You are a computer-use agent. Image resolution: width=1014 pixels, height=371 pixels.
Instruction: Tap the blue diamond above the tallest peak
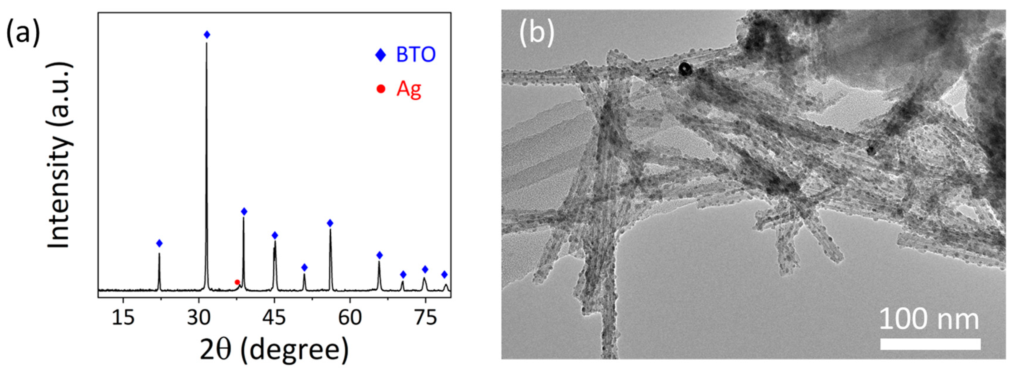pos(207,35)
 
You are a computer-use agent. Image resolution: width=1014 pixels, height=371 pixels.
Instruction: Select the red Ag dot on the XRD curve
pos(237,282)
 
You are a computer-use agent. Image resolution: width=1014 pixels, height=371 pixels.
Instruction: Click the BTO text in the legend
pos(416,55)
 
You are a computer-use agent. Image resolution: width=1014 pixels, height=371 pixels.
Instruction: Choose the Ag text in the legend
pos(408,89)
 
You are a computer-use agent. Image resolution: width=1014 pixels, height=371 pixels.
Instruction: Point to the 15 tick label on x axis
pos(123,317)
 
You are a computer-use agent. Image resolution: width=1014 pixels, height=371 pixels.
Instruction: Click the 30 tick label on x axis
pos(199,317)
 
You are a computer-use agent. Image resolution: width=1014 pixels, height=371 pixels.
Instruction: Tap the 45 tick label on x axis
pos(274,317)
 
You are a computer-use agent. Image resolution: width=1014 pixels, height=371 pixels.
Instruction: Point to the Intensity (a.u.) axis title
pos(60,155)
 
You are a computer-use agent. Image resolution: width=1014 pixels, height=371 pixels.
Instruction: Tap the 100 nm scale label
pos(929,319)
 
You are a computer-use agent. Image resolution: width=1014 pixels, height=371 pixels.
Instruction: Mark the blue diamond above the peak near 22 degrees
pos(159,243)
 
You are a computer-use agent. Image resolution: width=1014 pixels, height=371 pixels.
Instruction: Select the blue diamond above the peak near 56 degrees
pos(330,223)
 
